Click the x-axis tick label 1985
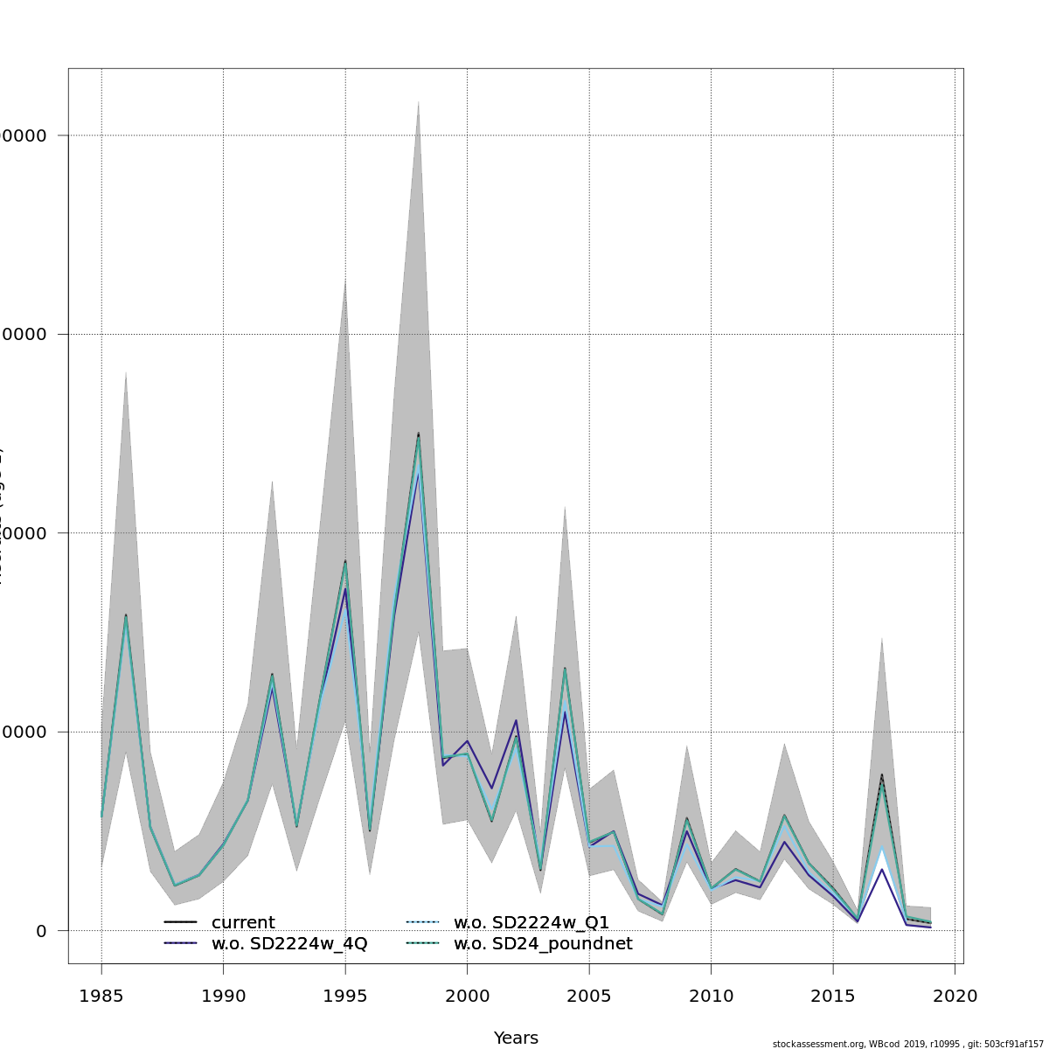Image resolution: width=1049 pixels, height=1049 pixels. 101,996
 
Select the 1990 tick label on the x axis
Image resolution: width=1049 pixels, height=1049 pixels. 223,996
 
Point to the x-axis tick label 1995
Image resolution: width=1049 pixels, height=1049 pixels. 345,996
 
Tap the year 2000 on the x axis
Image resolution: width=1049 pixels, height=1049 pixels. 467,996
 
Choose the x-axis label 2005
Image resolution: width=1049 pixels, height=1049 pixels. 589,996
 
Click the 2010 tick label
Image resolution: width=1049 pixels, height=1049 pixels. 711,996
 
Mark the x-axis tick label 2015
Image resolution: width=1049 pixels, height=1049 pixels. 833,996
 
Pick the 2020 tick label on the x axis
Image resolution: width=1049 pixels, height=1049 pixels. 955,996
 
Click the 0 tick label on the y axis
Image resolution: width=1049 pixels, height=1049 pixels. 41,931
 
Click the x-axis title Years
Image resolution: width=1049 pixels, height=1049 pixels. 516,1039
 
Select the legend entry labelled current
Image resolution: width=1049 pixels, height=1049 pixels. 242,923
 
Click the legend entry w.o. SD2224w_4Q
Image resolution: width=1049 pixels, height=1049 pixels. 288,944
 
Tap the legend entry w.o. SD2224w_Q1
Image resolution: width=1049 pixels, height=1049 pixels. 531,923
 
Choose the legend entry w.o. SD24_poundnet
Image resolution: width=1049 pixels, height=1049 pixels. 542,944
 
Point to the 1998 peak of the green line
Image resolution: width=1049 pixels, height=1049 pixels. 418,436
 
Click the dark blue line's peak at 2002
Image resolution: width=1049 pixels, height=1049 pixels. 516,720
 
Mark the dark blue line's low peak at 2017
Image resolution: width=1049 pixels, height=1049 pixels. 882,869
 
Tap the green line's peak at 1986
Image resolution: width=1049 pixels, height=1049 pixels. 126,617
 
